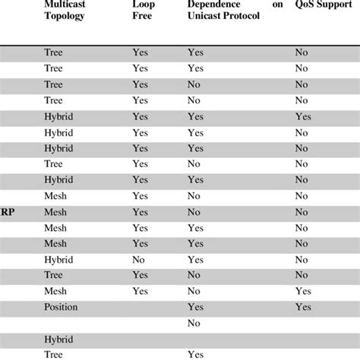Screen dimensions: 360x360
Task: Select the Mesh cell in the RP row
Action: (55, 212)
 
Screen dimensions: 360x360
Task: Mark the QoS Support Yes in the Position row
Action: (304, 306)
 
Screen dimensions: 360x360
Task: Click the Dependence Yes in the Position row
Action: (195, 306)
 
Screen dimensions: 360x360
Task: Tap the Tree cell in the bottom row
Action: (53, 354)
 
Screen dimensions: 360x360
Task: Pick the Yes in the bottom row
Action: (195, 354)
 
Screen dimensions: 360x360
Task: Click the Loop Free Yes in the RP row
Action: (141, 212)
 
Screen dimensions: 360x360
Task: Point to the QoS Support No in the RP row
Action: (302, 212)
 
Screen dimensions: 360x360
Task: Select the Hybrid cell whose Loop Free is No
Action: (58, 259)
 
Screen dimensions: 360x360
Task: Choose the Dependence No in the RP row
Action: (194, 212)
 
